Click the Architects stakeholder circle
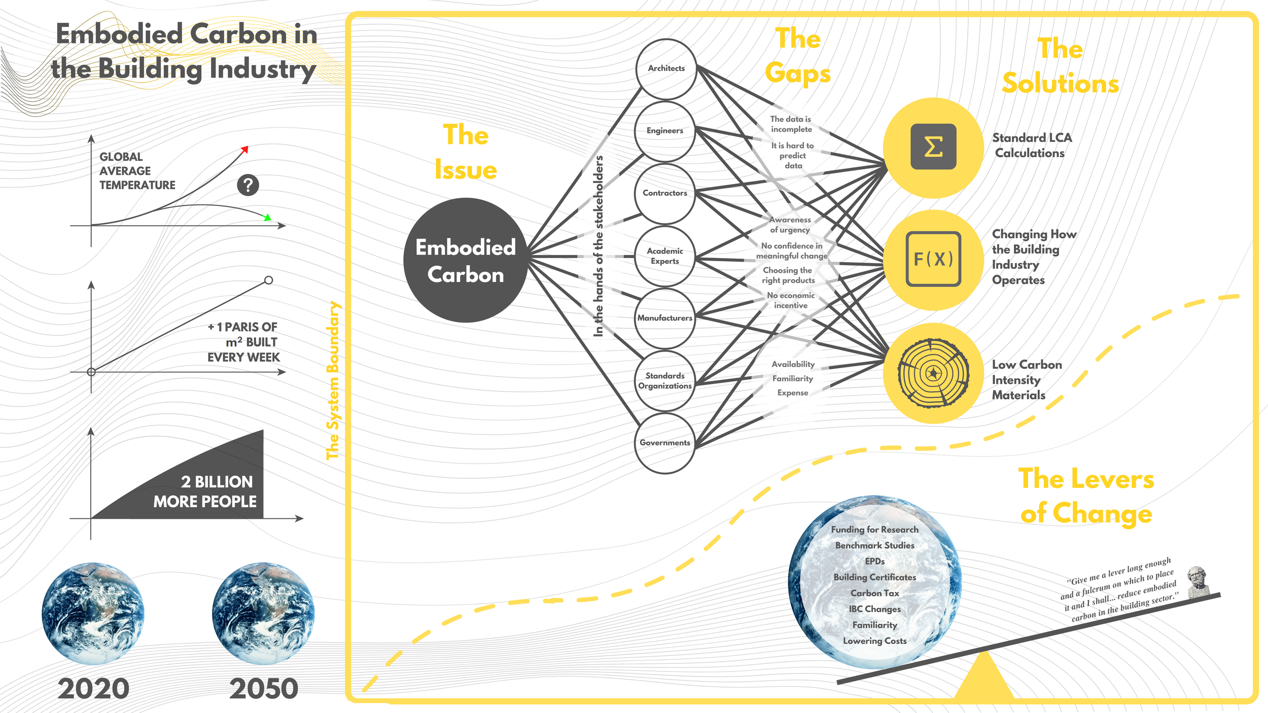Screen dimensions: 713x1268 tap(666, 69)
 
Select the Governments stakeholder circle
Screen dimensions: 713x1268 tap(664, 443)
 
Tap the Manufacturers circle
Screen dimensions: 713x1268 tap(664, 318)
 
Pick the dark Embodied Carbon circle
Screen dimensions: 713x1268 tap(466, 260)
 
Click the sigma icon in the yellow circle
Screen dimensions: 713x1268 tap(933, 147)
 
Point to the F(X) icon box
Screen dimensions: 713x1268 tap(933, 259)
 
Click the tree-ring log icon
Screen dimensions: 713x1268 tap(933, 373)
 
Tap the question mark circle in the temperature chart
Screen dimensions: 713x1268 tap(248, 185)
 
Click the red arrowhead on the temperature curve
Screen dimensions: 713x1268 tap(245, 149)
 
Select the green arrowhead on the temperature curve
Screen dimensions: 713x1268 tap(267, 218)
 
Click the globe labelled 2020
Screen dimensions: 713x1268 tap(93, 613)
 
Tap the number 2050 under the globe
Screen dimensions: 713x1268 tap(264, 689)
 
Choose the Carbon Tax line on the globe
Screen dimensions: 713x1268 tap(874, 593)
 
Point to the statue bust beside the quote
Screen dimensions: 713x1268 tap(1197, 581)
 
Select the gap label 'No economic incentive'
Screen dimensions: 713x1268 tap(791, 300)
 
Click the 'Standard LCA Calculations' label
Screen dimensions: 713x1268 tap(1032, 146)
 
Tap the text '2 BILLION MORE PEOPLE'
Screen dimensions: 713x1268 tap(205, 491)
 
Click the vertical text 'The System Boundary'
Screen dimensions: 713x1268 tap(333, 380)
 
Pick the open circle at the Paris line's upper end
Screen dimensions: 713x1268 tap(269, 280)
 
